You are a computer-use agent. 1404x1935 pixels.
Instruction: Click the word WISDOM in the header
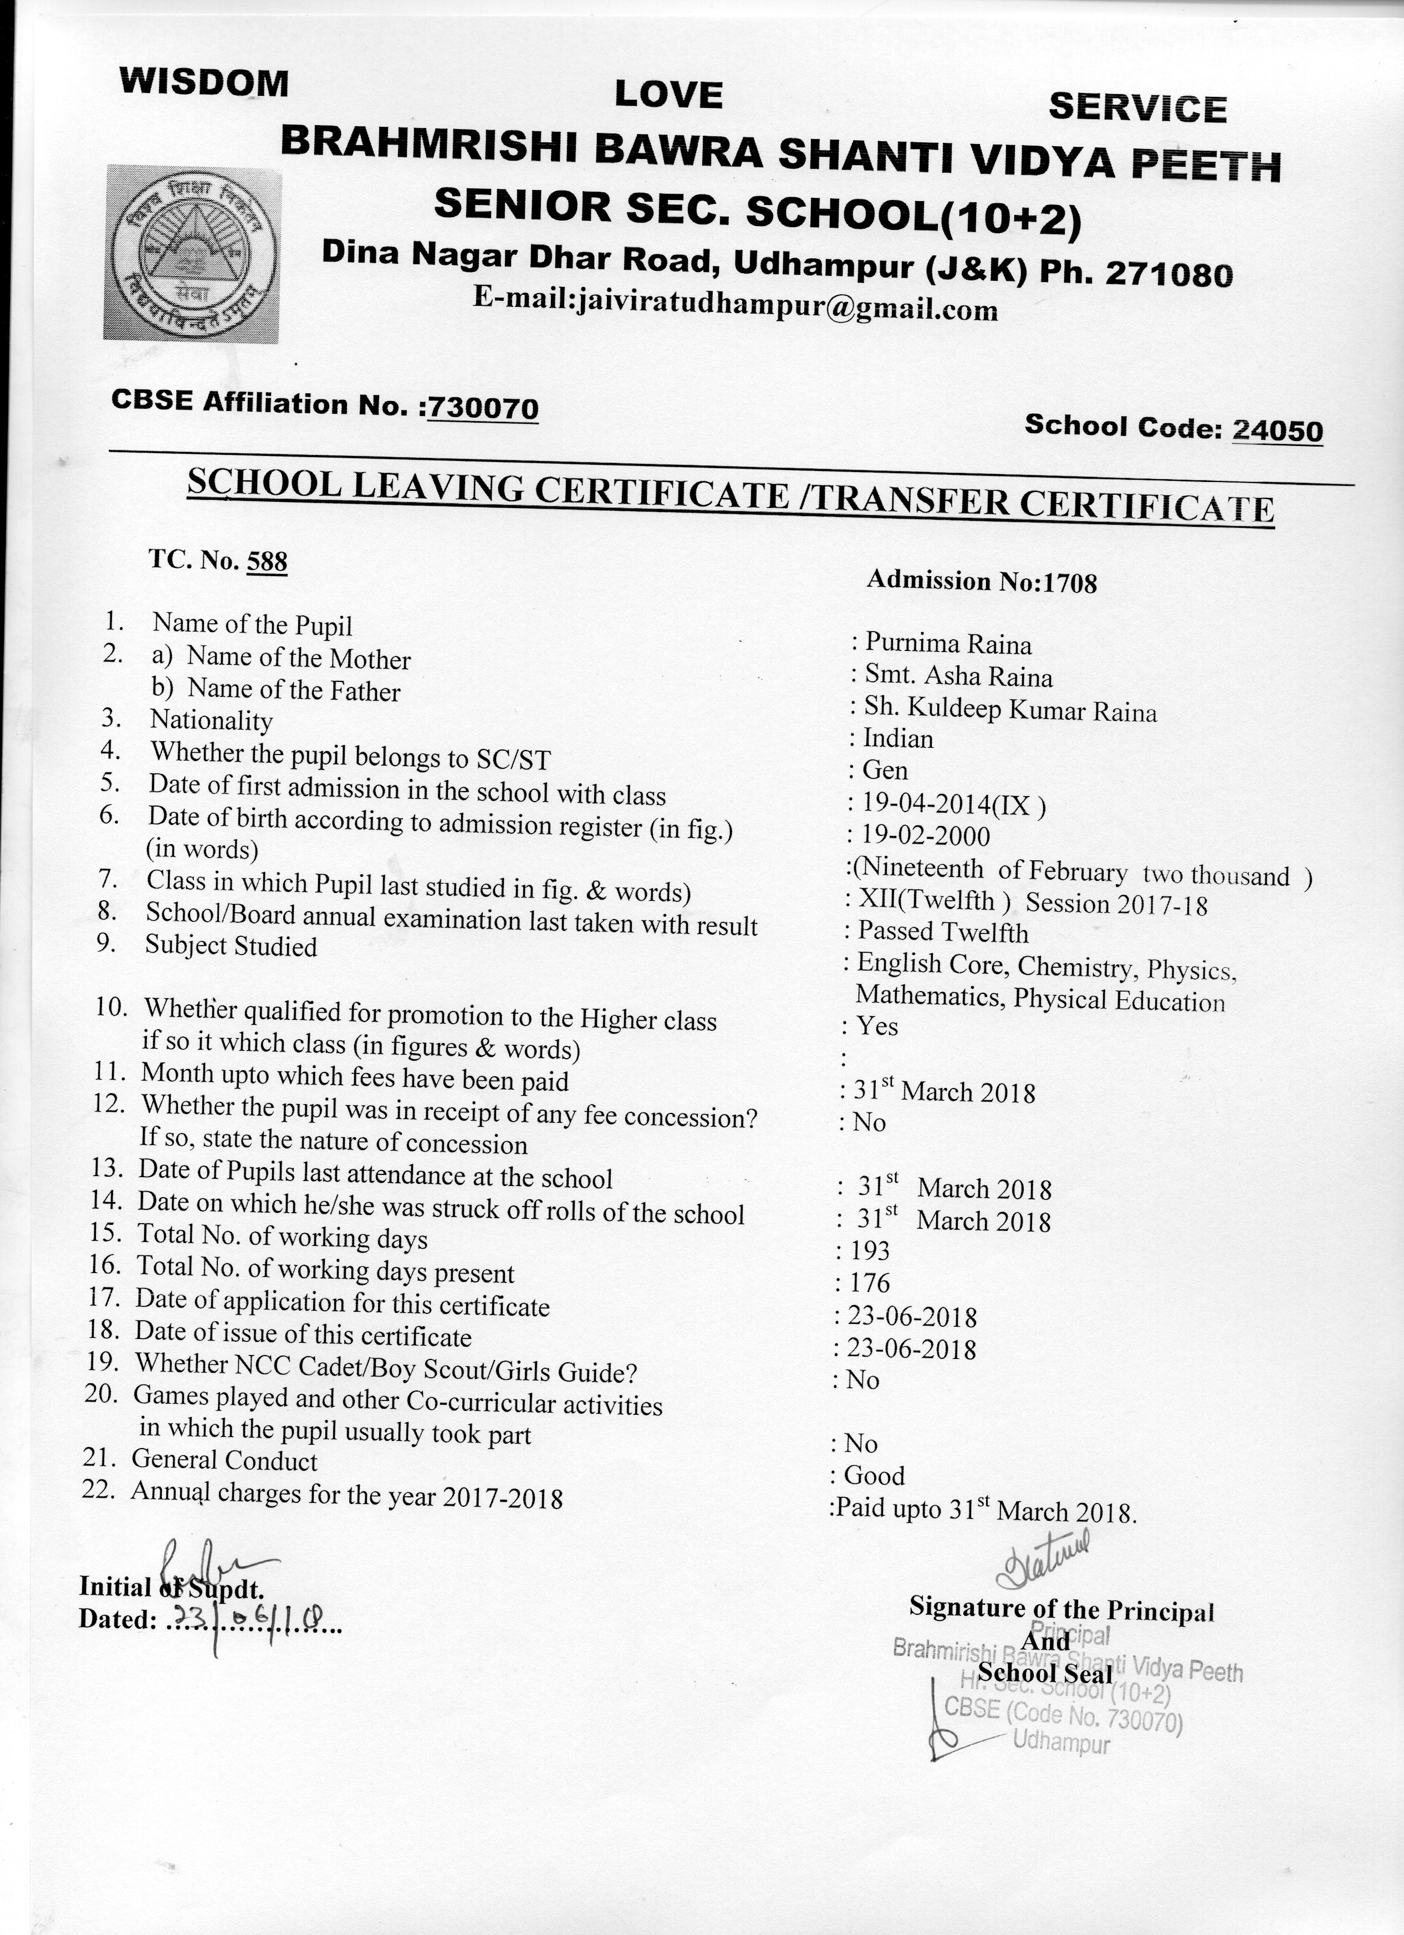(204, 83)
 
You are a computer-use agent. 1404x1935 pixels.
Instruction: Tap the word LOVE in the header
(668, 95)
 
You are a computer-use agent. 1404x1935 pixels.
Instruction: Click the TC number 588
(266, 561)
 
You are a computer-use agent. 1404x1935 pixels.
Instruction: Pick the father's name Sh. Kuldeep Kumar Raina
(1010, 710)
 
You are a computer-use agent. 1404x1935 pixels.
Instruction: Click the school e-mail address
(735, 305)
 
